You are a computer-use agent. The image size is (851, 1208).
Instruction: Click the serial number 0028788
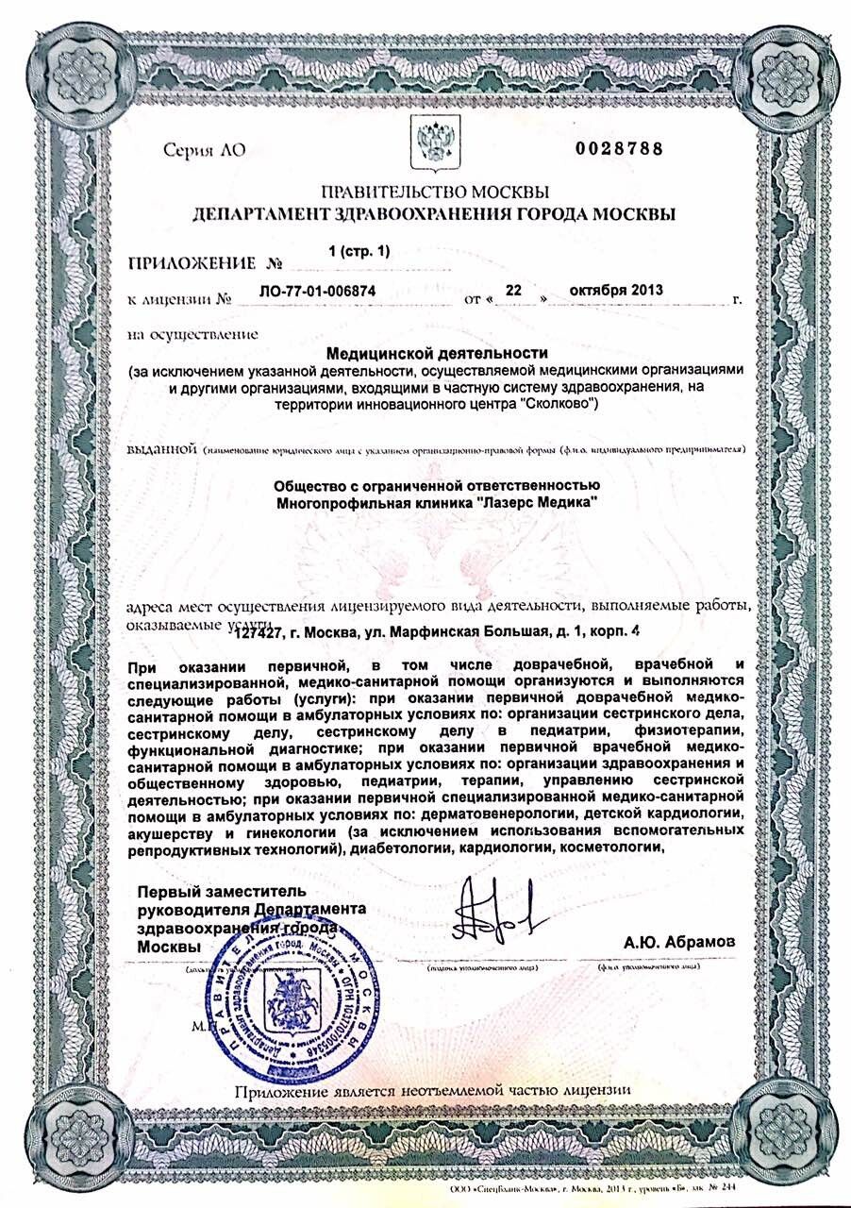pyautogui.click(x=619, y=148)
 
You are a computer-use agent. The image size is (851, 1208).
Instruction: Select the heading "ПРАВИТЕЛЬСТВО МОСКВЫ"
pyautogui.click(x=433, y=193)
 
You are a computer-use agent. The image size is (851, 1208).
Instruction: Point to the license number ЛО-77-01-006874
pyautogui.click(x=317, y=293)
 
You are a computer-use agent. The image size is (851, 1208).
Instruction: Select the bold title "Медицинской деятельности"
pyautogui.click(x=437, y=353)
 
